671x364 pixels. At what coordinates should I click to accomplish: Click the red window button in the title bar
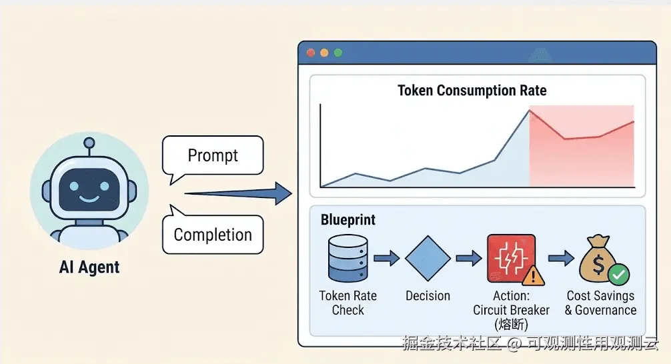coord(311,53)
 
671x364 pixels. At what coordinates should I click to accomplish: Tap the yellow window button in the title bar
coord(324,53)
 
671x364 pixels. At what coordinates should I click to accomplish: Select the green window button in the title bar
coord(338,53)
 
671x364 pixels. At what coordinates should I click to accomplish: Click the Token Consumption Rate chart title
coord(472,91)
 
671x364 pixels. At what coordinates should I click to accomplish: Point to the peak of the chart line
coord(530,111)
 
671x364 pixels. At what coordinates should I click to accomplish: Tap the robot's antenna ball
coord(89,143)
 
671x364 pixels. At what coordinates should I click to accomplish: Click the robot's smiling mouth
coord(89,199)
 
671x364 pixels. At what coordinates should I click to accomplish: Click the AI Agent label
coord(89,267)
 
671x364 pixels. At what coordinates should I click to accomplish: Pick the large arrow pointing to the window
coord(238,194)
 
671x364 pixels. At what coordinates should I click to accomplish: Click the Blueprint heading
coord(348,220)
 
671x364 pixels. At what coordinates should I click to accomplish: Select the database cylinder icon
coord(348,259)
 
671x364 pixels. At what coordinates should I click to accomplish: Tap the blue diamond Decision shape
coord(428,259)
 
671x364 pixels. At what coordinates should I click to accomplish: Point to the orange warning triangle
coord(533,275)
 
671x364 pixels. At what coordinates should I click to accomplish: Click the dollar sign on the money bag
coord(598,265)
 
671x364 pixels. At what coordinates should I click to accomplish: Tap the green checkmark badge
coord(618,275)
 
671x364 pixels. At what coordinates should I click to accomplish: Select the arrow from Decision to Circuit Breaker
coord(469,259)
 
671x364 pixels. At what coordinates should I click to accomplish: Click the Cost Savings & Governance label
coord(600,303)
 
